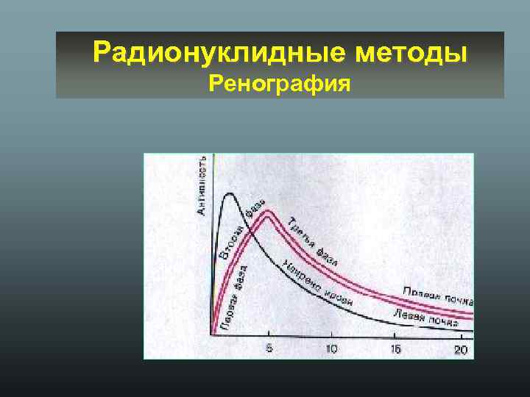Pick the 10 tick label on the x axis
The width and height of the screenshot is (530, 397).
point(332,348)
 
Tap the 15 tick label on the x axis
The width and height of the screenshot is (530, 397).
point(396,348)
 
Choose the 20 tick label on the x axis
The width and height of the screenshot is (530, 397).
point(460,348)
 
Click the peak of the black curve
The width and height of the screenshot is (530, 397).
point(230,193)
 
